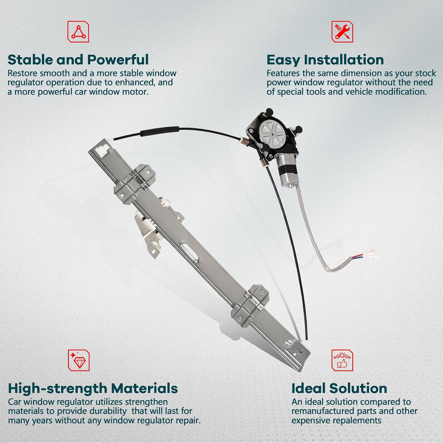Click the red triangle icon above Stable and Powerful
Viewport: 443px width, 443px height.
[78, 32]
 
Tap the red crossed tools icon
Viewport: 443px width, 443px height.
[342, 32]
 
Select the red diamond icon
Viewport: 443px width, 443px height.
[79, 360]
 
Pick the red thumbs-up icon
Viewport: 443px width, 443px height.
[342, 360]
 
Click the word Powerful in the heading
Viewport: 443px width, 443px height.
[118, 60]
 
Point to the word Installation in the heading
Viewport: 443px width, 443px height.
[344, 60]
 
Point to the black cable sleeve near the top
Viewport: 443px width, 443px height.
[160, 131]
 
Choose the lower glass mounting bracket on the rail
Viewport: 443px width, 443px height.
[250, 306]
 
